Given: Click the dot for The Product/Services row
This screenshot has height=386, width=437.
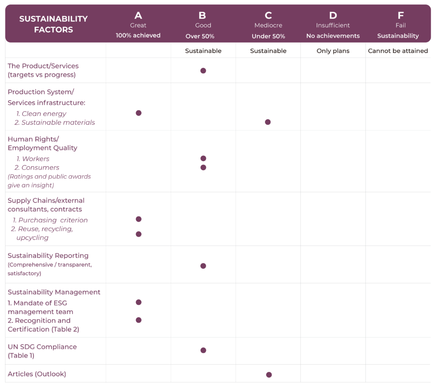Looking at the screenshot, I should click(x=203, y=71).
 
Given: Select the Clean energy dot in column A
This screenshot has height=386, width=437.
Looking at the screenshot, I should click(x=138, y=113).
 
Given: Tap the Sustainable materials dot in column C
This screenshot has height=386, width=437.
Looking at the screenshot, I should click(x=268, y=122).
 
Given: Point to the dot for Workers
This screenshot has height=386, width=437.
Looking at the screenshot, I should click(x=203, y=158).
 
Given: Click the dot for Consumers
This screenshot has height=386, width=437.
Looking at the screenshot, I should click(x=203, y=167).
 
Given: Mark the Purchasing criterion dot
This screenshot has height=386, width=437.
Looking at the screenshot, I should click(x=138, y=219).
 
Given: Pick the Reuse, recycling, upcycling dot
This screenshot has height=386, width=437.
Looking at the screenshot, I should click(x=138, y=234).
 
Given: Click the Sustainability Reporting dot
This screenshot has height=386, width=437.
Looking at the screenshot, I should click(x=203, y=266).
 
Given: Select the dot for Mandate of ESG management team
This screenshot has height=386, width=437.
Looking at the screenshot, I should click(x=138, y=302).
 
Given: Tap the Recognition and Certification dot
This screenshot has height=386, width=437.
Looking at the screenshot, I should click(x=138, y=320).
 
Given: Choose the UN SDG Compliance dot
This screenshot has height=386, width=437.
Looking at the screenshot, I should click(x=203, y=350).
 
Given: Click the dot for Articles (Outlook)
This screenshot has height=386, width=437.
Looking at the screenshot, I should click(x=269, y=375).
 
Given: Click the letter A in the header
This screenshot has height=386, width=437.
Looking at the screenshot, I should click(x=138, y=16).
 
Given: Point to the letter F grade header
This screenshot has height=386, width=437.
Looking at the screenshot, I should click(x=400, y=16).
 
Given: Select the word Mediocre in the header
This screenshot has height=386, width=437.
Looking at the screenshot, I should click(x=268, y=26).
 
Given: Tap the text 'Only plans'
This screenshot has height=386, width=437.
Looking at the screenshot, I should click(x=333, y=51).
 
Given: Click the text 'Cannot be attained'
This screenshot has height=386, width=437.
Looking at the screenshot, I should click(x=398, y=51).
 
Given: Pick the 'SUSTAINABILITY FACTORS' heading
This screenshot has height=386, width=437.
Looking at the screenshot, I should click(x=53, y=24).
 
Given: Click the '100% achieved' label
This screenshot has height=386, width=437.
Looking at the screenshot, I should click(x=138, y=36).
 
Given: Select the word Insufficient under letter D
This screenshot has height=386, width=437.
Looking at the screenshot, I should click(x=333, y=26).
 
